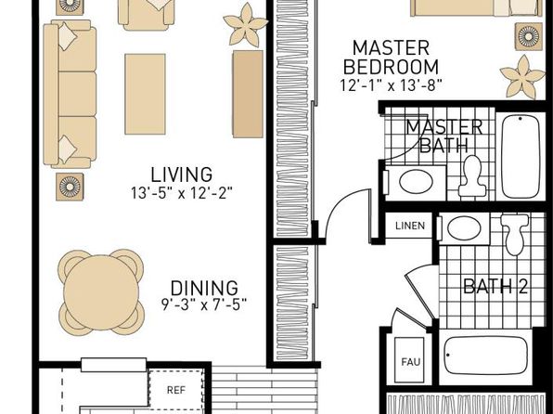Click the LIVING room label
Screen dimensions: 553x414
point(182,175)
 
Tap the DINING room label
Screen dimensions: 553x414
point(204,288)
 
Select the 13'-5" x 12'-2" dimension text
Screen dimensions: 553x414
point(182,193)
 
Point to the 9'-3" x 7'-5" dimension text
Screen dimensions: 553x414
point(204,304)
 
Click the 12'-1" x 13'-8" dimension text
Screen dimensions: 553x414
point(392,85)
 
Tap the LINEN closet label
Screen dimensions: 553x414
point(410,226)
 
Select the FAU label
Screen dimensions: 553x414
point(411,362)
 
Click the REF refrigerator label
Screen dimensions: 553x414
point(176,390)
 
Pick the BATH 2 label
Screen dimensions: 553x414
point(495,286)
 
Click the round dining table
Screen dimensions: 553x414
point(101,292)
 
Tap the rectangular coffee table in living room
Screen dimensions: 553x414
point(145,94)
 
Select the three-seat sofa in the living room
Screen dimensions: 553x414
point(70,94)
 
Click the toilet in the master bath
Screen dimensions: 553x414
point(472,176)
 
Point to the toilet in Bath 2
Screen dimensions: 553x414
point(515,234)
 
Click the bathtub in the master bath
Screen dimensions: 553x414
point(521,156)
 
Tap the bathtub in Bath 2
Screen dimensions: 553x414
point(485,356)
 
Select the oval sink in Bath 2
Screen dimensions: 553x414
point(464,228)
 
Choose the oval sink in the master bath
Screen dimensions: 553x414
point(417,181)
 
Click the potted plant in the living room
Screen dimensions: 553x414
point(246,25)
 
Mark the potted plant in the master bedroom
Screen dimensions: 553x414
point(522,77)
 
